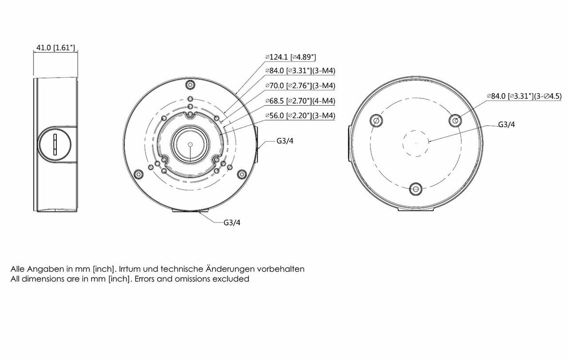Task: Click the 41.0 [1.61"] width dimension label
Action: (55, 48)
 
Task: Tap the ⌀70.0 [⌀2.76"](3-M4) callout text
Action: (300, 86)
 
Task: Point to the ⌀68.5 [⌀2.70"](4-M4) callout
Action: (300, 101)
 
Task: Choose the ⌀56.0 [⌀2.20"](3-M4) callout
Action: (300, 115)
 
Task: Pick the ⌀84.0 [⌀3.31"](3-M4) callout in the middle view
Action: (300, 71)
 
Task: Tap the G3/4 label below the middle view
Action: (232, 223)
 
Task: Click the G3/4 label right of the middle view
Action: (285, 142)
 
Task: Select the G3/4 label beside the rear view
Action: (506, 124)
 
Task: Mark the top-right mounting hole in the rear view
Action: (454, 120)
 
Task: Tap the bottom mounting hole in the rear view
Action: (415, 188)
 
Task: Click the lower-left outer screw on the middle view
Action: (138, 173)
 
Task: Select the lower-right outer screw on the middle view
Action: (241, 173)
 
